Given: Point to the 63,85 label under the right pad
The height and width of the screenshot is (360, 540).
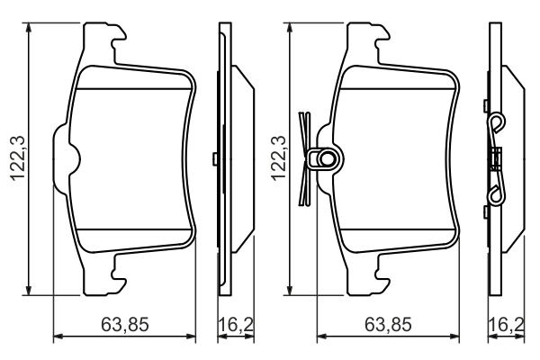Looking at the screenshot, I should [x=389, y=323].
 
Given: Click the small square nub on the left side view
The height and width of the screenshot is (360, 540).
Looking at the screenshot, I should [x=215, y=159].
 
